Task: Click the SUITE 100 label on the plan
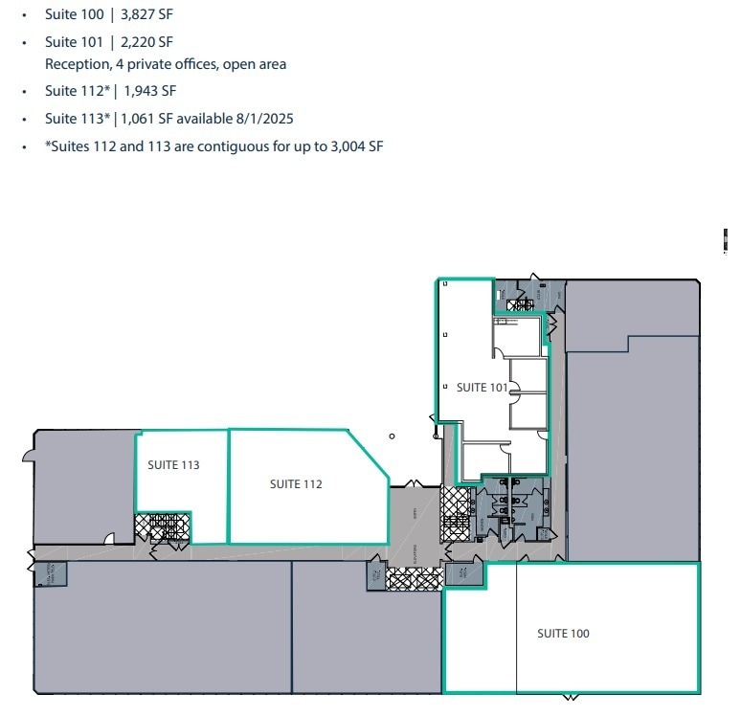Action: [563, 634]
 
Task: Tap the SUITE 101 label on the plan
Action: [482, 388]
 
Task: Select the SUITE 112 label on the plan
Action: [296, 484]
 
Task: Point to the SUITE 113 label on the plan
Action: [173, 465]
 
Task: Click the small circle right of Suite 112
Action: [392, 436]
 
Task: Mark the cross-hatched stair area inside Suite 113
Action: [163, 527]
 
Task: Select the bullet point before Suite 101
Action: [24, 42]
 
